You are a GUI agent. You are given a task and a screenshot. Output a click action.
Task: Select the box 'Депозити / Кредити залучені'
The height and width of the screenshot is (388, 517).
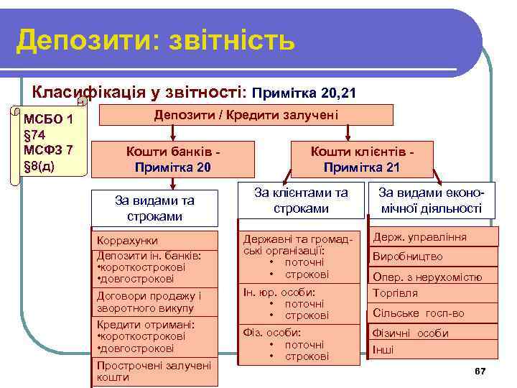(x=246, y=115)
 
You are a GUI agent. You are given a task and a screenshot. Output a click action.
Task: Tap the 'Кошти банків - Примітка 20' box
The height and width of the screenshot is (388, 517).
(x=172, y=158)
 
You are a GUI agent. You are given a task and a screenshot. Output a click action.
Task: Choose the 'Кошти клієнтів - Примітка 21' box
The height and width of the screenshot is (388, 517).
(x=362, y=158)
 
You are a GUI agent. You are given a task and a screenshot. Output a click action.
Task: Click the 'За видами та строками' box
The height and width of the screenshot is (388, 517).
(x=156, y=208)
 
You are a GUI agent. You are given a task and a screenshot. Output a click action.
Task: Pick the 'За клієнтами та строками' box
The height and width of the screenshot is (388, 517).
(x=301, y=200)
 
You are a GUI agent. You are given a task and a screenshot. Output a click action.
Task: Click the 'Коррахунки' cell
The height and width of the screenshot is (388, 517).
(x=156, y=240)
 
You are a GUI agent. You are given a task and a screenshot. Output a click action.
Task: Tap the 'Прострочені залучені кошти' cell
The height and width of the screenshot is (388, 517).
(x=156, y=371)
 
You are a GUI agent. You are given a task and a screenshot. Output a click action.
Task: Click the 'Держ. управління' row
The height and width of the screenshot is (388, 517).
(x=434, y=237)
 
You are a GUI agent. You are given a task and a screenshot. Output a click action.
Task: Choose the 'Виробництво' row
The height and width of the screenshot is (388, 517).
(x=434, y=257)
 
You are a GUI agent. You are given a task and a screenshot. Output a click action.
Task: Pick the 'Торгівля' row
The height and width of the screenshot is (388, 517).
(x=434, y=293)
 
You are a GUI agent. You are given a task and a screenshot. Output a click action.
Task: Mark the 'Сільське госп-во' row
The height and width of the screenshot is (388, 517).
(x=434, y=313)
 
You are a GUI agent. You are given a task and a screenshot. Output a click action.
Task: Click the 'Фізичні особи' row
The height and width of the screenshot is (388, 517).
(x=434, y=333)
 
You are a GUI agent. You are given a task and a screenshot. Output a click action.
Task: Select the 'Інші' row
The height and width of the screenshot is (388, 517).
(x=434, y=350)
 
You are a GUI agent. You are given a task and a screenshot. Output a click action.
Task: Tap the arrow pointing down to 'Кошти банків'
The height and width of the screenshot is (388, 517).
(x=172, y=133)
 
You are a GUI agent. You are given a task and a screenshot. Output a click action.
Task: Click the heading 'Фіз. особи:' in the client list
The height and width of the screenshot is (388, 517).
(x=271, y=333)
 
